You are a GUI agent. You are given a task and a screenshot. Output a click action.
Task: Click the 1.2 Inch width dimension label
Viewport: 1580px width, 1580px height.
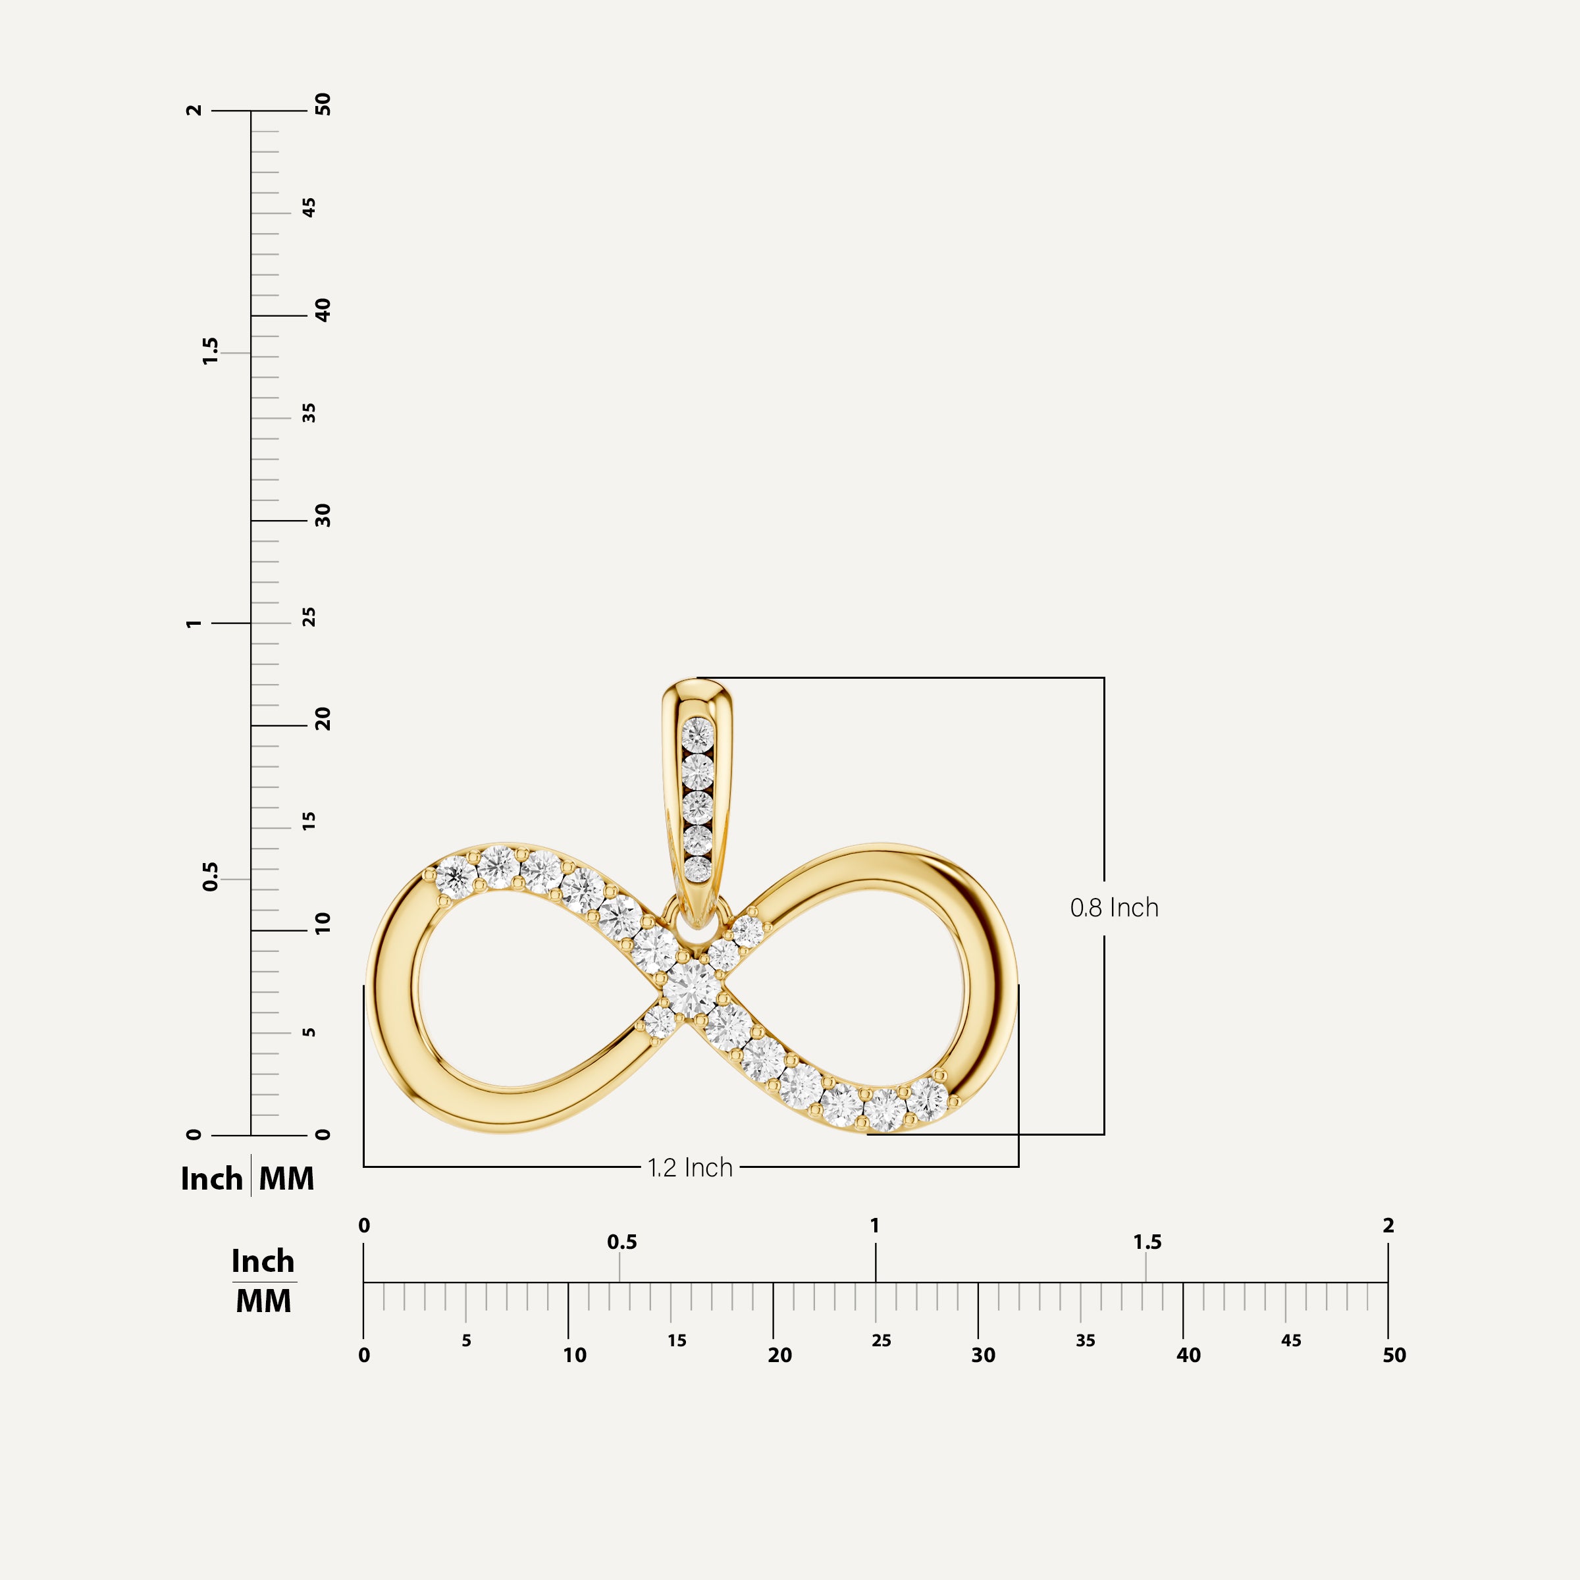[x=689, y=1168]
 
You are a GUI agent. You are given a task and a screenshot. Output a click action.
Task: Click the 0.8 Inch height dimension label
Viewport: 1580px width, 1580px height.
[x=1114, y=908]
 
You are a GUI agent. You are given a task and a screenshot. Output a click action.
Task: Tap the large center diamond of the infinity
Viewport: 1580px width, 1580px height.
[x=691, y=988]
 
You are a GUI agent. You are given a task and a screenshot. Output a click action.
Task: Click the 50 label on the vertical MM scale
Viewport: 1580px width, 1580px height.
[x=323, y=105]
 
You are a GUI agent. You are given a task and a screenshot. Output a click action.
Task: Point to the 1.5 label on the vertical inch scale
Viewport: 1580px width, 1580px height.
[x=211, y=351]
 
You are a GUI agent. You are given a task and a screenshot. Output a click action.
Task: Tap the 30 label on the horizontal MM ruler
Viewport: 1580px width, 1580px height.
[x=983, y=1356]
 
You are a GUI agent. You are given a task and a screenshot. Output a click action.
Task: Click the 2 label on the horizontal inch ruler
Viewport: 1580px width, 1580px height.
[x=1388, y=1226]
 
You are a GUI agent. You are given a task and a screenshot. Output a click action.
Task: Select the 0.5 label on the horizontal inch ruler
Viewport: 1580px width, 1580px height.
[x=621, y=1242]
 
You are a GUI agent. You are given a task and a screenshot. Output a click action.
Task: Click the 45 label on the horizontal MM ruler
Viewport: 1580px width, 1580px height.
[x=1290, y=1341]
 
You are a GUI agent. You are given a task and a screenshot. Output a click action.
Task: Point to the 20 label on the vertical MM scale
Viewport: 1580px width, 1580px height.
[x=323, y=720]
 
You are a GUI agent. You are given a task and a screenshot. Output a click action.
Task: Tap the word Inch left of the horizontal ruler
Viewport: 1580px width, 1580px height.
[x=263, y=1262]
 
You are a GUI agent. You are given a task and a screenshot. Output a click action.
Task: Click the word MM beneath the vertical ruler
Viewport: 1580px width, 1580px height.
[x=286, y=1178]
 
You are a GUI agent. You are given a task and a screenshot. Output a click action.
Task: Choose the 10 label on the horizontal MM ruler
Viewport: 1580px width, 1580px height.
[x=574, y=1356]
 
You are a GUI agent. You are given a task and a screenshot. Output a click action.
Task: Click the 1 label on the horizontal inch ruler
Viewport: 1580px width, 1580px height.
[x=875, y=1226]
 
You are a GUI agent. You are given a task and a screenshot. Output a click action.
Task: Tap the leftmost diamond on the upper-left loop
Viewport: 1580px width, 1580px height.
[x=455, y=878]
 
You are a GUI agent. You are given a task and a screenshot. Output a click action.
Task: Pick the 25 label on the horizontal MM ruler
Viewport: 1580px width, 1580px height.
[x=881, y=1341]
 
